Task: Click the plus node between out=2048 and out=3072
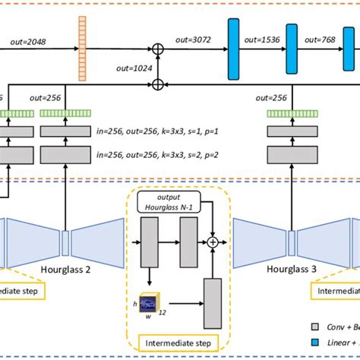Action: (158, 51)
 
